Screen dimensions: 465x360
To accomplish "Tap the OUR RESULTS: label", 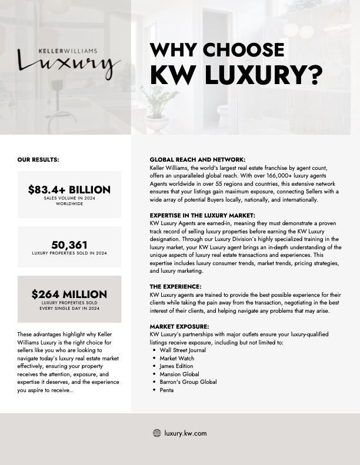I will [38, 159].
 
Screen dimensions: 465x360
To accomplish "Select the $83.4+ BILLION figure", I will [69, 190].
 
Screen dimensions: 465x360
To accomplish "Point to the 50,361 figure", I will [69, 245].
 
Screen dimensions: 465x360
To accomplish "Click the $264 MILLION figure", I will [69, 294].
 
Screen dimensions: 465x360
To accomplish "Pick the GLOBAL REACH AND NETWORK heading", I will [198, 159].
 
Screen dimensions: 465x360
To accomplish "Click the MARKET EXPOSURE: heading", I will [179, 326].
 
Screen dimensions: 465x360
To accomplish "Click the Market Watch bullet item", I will [177, 358].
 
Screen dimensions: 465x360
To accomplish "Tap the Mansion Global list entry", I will [179, 374].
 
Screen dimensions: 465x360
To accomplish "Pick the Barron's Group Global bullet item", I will [188, 382].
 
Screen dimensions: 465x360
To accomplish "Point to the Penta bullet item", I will [166, 390].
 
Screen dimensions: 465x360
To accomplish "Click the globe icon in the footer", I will [157, 433].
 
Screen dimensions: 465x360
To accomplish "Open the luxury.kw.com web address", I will [186, 433].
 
